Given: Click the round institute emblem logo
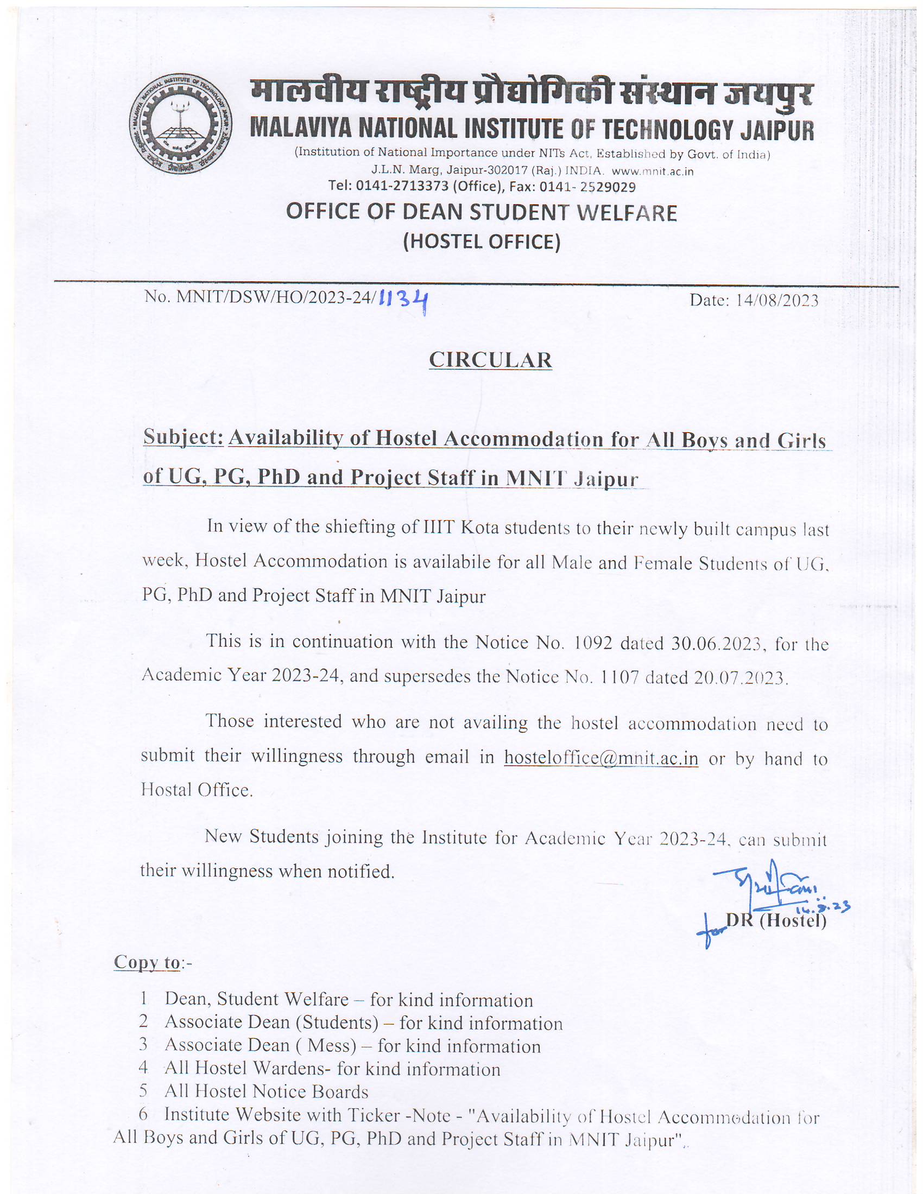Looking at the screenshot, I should click(x=180, y=124).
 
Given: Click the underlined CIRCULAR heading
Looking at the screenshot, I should click(x=490, y=360).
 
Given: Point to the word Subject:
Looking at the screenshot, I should click(x=183, y=437).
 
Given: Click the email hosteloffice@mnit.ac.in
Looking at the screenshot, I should click(x=601, y=758).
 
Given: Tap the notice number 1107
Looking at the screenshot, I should click(x=619, y=677).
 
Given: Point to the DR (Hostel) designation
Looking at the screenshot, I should click(x=776, y=921).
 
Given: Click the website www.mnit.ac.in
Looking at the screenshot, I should click(x=652, y=171).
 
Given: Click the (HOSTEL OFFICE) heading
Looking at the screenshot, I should click(x=482, y=242).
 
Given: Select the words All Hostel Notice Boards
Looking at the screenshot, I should click(x=266, y=1092).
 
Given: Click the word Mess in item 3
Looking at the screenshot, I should click(x=332, y=1045).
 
